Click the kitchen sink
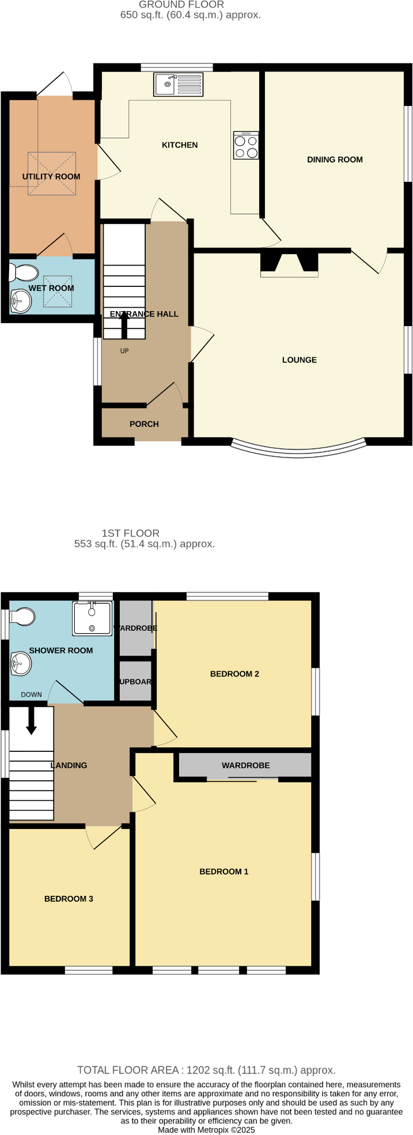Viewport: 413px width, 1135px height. pyautogui.click(x=178, y=84)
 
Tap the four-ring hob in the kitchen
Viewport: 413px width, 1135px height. pyautogui.click(x=246, y=146)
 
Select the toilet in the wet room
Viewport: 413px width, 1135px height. pyautogui.click(x=24, y=273)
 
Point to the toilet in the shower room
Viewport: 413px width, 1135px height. pyautogui.click(x=22, y=617)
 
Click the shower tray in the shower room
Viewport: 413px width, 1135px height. pyautogui.click(x=92, y=618)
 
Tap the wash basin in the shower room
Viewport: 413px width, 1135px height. pyautogui.click(x=21, y=664)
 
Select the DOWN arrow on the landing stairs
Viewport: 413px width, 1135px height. pyautogui.click(x=31, y=721)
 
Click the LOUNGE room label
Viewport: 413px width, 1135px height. pyautogui.click(x=300, y=360)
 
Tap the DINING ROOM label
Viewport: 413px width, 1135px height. pyautogui.click(x=335, y=160)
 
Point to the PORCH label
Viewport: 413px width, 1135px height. pyautogui.click(x=144, y=424)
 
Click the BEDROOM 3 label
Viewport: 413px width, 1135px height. pyautogui.click(x=69, y=899)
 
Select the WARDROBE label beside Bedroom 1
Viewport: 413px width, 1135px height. pyautogui.click(x=246, y=766)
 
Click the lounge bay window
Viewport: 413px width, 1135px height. pyautogui.click(x=298, y=450)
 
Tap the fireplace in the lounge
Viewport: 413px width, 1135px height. pyautogui.click(x=289, y=264)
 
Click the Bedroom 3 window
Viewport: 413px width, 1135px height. pyautogui.click(x=89, y=971)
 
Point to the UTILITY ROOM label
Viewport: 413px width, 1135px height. pyautogui.click(x=51, y=177)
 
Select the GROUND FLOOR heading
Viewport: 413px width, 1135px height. pyautogui.click(x=181, y=5)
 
